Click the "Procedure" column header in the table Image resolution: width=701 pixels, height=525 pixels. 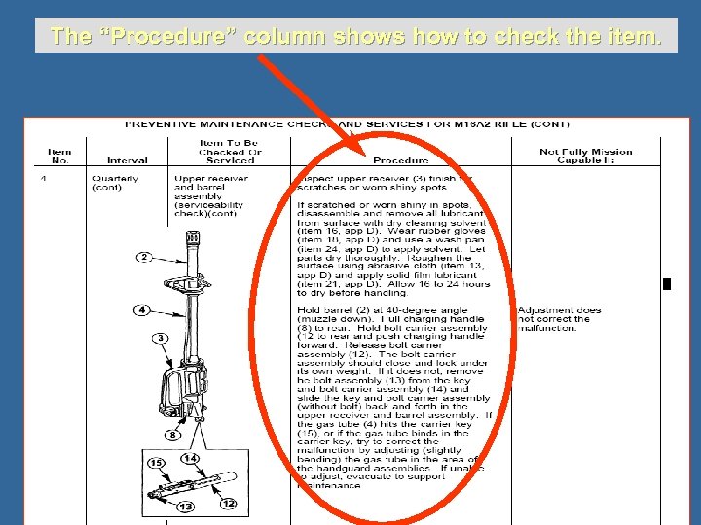(x=400, y=160)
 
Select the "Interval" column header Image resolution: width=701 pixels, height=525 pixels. (x=128, y=160)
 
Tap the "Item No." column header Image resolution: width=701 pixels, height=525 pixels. (x=59, y=156)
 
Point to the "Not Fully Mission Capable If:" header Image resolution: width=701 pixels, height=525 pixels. (x=585, y=156)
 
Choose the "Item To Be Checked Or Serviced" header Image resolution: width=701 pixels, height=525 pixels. (x=229, y=152)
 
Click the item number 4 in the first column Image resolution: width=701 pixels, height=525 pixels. (x=45, y=179)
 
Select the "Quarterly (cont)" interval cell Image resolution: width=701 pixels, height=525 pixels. (x=115, y=183)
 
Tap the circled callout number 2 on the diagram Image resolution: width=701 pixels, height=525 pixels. (x=143, y=257)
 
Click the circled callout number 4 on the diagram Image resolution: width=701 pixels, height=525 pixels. (x=141, y=310)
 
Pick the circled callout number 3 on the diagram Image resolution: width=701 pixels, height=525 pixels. (x=160, y=337)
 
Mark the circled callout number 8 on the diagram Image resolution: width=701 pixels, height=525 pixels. (x=171, y=435)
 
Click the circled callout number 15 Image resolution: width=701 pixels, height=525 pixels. (x=156, y=463)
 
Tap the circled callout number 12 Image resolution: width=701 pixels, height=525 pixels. (x=228, y=503)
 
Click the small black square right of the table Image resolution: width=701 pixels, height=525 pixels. (x=666, y=284)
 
